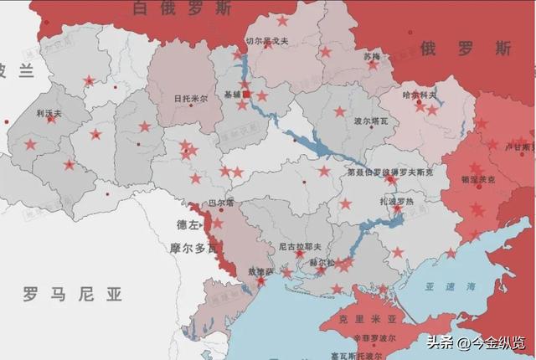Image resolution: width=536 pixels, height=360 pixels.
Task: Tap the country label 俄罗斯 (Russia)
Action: (466, 48)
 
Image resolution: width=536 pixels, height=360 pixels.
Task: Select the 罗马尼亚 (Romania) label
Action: (73, 294)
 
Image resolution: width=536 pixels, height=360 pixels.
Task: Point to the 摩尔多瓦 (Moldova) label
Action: (193, 249)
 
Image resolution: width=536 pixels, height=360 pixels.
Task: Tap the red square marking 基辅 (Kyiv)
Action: (246, 94)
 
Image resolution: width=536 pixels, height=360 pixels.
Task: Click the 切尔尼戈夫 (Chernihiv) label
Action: (265, 40)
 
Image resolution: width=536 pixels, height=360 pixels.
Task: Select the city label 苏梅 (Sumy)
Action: (372, 56)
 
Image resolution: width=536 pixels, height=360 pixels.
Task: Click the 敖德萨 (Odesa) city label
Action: (258, 271)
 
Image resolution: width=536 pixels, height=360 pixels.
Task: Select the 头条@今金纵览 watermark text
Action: (476, 342)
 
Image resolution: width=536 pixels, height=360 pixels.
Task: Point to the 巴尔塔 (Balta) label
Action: (220, 203)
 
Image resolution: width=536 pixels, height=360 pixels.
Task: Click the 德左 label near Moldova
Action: (188, 225)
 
